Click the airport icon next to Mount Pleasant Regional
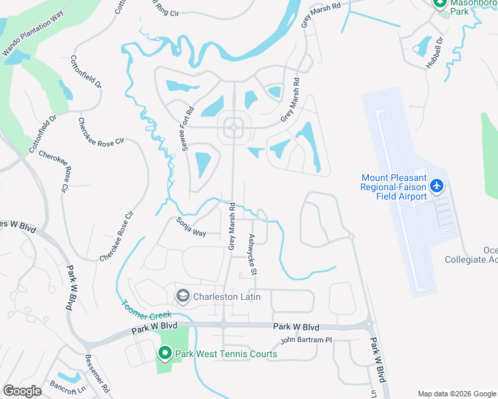437,186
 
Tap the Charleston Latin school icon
182,296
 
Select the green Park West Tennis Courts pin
165,354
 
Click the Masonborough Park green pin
440,3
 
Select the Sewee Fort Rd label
188,129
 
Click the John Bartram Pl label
306,340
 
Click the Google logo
22,391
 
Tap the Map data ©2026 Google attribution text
456,393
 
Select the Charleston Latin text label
227,296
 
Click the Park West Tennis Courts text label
226,354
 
